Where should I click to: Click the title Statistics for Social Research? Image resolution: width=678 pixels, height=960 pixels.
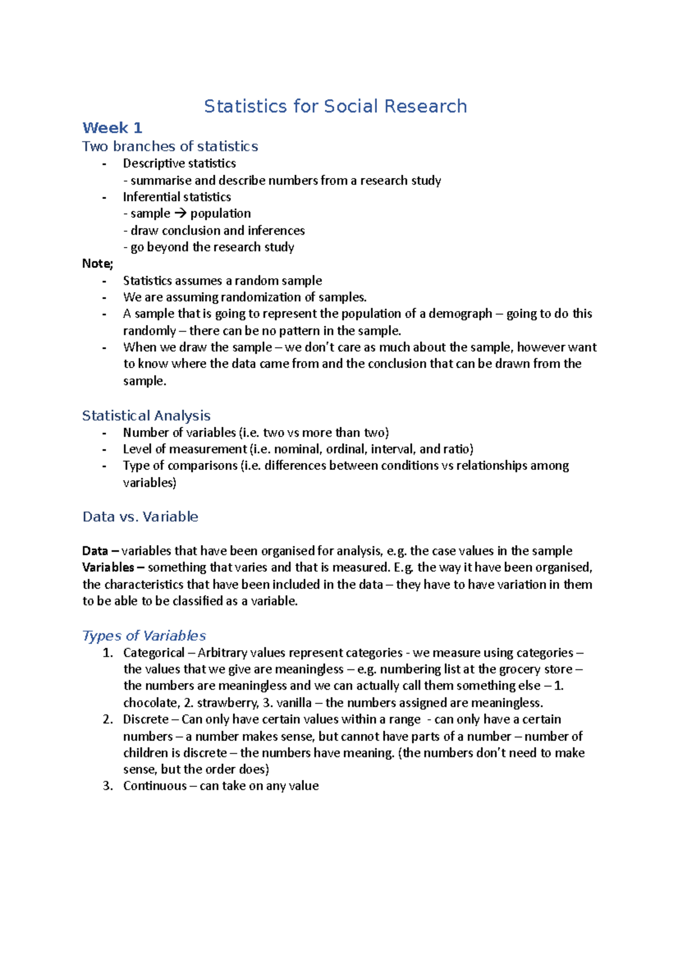point(335,106)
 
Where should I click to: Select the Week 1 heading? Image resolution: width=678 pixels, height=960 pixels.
point(112,128)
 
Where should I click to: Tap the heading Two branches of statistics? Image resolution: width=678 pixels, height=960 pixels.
point(169,146)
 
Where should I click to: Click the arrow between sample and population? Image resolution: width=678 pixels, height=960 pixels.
point(180,214)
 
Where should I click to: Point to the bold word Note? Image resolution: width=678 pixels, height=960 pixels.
point(97,263)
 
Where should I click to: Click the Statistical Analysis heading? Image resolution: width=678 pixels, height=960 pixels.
point(146,416)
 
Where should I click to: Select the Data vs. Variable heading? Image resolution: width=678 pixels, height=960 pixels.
point(140,517)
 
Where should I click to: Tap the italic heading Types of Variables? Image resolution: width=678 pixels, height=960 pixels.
point(144,635)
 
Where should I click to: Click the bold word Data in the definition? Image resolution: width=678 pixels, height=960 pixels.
point(95,551)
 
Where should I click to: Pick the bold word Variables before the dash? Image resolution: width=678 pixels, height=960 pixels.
point(108,567)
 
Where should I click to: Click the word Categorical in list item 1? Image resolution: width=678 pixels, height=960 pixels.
point(154,652)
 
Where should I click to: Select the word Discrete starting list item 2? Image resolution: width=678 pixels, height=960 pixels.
point(146,719)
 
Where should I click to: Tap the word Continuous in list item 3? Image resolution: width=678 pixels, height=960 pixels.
point(155,786)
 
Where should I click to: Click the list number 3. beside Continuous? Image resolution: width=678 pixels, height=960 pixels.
point(108,786)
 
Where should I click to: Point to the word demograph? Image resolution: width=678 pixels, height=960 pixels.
point(460,314)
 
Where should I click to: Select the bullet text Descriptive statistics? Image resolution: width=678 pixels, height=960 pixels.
point(179,163)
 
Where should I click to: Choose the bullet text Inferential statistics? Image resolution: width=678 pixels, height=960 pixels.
point(177,197)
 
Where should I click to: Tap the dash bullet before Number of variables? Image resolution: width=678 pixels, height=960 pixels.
point(104,433)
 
